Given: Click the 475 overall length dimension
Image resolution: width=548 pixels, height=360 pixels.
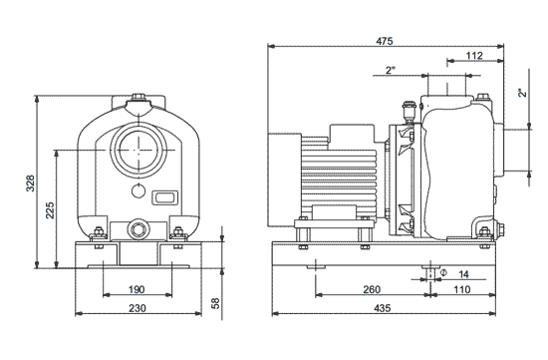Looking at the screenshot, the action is tap(385, 41).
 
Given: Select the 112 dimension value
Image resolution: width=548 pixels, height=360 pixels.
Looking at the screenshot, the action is tap(474, 56).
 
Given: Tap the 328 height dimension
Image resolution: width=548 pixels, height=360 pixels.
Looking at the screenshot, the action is tap(31, 182).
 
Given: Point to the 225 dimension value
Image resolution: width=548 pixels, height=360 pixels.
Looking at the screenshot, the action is tap(51, 209).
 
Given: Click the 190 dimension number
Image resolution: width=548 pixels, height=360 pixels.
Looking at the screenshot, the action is tap(137, 289).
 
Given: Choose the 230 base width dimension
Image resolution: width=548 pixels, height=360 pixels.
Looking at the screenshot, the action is tap(137, 308).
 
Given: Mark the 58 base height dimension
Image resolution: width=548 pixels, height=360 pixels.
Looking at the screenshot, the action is tap(215, 303).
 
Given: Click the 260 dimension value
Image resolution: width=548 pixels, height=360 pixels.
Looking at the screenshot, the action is tap(372, 289).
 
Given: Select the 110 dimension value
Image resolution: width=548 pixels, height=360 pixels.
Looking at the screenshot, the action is tap(462, 289).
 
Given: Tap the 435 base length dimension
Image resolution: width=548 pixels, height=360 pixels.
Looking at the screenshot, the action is tap(383, 308).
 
